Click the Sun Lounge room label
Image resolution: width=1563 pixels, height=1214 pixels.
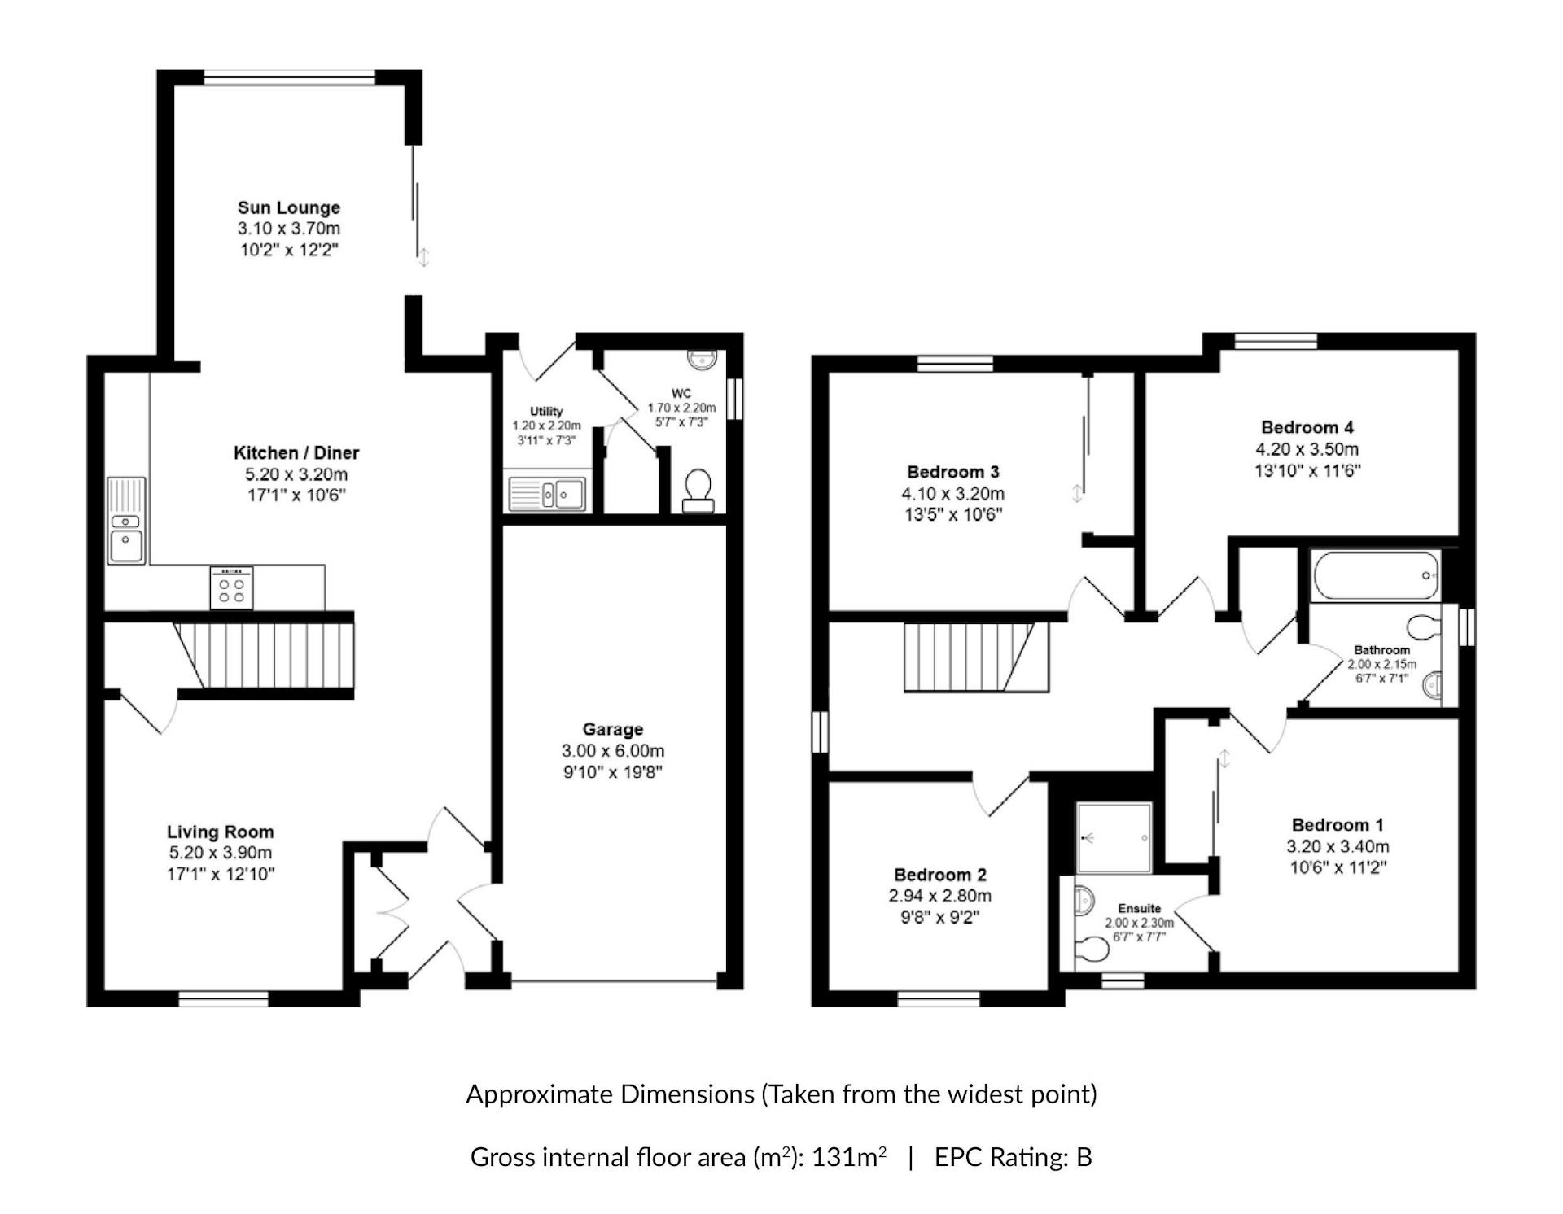pyautogui.click(x=289, y=207)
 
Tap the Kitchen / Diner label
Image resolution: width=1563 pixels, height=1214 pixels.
pyautogui.click(x=296, y=452)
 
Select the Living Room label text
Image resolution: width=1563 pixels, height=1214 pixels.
pyautogui.click(x=221, y=832)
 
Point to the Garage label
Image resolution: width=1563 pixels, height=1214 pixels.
pyautogui.click(x=613, y=729)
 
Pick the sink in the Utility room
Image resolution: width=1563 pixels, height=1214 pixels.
pyautogui.click(x=547, y=494)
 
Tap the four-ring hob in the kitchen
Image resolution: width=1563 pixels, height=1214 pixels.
pyautogui.click(x=231, y=588)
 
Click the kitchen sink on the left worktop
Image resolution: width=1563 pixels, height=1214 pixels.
pyautogui.click(x=126, y=521)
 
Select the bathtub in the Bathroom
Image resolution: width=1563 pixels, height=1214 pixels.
pyautogui.click(x=1376, y=575)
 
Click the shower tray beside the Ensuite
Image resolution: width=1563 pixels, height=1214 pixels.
pyautogui.click(x=1114, y=838)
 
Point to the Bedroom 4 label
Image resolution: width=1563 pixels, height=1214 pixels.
pyautogui.click(x=1307, y=427)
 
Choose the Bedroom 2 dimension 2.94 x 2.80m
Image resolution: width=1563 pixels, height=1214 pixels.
pyautogui.click(x=940, y=896)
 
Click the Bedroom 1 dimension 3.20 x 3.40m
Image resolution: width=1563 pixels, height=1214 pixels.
pyautogui.click(x=1338, y=846)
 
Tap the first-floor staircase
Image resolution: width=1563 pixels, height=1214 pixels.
pyautogui.click(x=977, y=657)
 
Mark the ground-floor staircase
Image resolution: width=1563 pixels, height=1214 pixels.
pyautogui.click(x=265, y=655)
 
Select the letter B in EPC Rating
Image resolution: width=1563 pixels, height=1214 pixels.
pyautogui.click(x=1084, y=1157)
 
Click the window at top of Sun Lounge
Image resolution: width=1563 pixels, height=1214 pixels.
pyautogui.click(x=289, y=78)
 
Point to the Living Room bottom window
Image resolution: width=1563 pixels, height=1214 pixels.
pyautogui.click(x=223, y=998)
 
